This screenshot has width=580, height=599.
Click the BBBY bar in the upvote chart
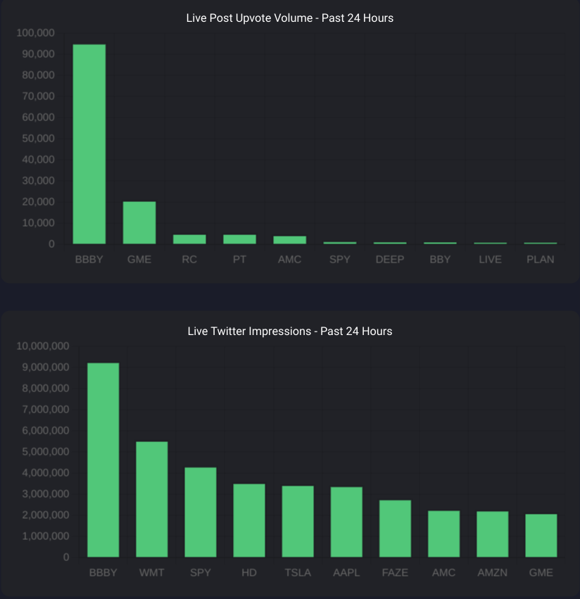89,144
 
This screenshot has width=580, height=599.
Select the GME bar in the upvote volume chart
139,222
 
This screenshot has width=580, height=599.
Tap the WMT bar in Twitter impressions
151,499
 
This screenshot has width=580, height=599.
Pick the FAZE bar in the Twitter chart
395,529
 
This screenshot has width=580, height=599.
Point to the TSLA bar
298,522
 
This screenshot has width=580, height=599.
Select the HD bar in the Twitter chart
249,520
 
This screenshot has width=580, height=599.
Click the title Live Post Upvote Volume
290,18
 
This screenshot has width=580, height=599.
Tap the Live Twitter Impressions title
290,331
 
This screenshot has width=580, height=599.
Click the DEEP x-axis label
390,259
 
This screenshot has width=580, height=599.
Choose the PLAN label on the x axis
540,259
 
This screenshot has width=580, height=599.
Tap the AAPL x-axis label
346,572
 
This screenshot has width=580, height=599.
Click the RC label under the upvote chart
189,259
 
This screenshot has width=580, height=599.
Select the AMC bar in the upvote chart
289,240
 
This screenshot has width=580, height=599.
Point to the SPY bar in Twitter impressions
201,512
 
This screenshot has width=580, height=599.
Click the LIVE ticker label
490,259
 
